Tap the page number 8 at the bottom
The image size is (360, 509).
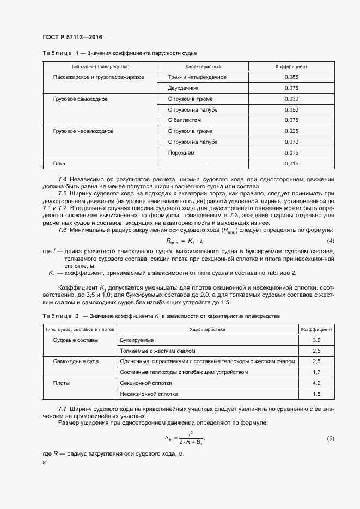(x=44, y=462)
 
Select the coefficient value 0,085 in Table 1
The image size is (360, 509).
(x=291, y=77)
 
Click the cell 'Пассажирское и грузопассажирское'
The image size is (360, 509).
(x=99, y=77)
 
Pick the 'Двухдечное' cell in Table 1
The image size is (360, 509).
(x=183, y=88)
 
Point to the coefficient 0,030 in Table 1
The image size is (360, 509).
(x=291, y=99)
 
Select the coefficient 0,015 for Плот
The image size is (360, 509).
(x=291, y=163)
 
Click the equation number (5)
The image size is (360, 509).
(x=330, y=438)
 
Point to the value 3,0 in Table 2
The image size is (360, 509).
(x=316, y=340)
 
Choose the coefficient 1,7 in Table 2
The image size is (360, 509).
(x=316, y=372)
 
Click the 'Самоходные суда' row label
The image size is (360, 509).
(x=76, y=361)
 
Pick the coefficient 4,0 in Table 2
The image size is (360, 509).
(x=316, y=383)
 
